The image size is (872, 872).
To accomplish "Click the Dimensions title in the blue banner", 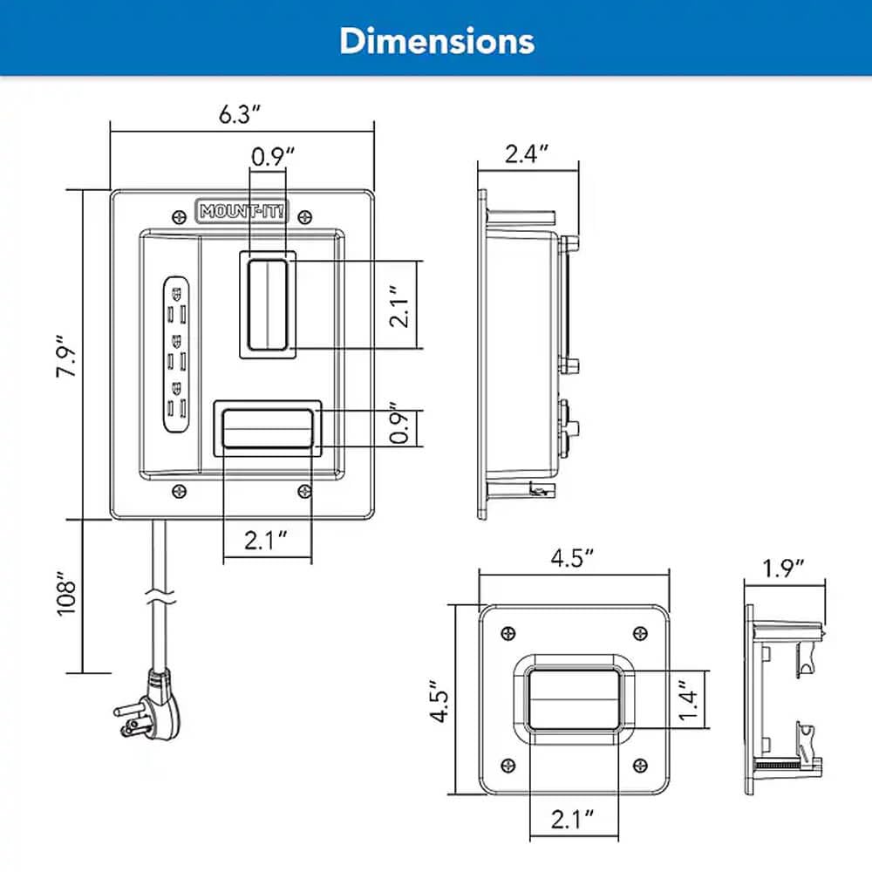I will [436, 40].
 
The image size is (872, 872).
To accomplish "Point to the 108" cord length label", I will [69, 596].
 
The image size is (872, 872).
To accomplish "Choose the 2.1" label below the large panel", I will [266, 542].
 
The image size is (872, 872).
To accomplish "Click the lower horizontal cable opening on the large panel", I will [267, 428].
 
